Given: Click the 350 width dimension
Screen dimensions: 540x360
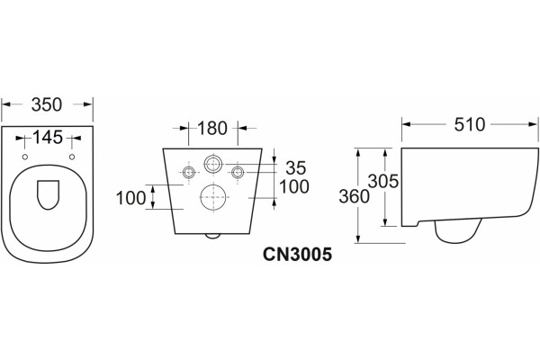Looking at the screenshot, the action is point(47,104).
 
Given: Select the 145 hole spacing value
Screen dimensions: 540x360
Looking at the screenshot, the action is point(48,137).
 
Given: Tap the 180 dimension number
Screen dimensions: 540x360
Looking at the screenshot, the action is point(212,128).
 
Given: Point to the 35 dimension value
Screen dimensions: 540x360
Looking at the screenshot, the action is point(296,167).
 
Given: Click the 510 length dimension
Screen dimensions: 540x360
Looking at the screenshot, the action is point(470,124).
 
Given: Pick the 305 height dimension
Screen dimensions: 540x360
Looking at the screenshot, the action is point(383,181).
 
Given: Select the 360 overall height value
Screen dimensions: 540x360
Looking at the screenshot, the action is point(354,196).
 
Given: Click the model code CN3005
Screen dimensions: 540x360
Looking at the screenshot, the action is point(298,255).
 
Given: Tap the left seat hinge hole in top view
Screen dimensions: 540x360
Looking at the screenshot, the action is point(25,157).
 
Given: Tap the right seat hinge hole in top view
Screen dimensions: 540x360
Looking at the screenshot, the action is point(72,157).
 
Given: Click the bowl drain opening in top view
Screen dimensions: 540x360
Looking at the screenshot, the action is point(48,194).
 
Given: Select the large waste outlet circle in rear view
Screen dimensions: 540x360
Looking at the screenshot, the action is point(214,197).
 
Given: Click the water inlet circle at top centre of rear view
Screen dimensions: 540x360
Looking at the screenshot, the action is point(213,164).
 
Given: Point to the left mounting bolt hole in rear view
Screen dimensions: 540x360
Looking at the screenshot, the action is point(188,172).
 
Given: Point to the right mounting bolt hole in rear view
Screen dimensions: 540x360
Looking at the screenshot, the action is point(238,172).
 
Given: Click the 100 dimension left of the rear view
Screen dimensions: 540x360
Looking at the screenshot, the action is point(130,198).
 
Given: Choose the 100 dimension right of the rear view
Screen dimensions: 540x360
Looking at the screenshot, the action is point(294,186).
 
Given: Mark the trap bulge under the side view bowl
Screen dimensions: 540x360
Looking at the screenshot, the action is point(458,230).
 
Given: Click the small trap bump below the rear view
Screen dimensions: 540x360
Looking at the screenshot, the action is point(212,236).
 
